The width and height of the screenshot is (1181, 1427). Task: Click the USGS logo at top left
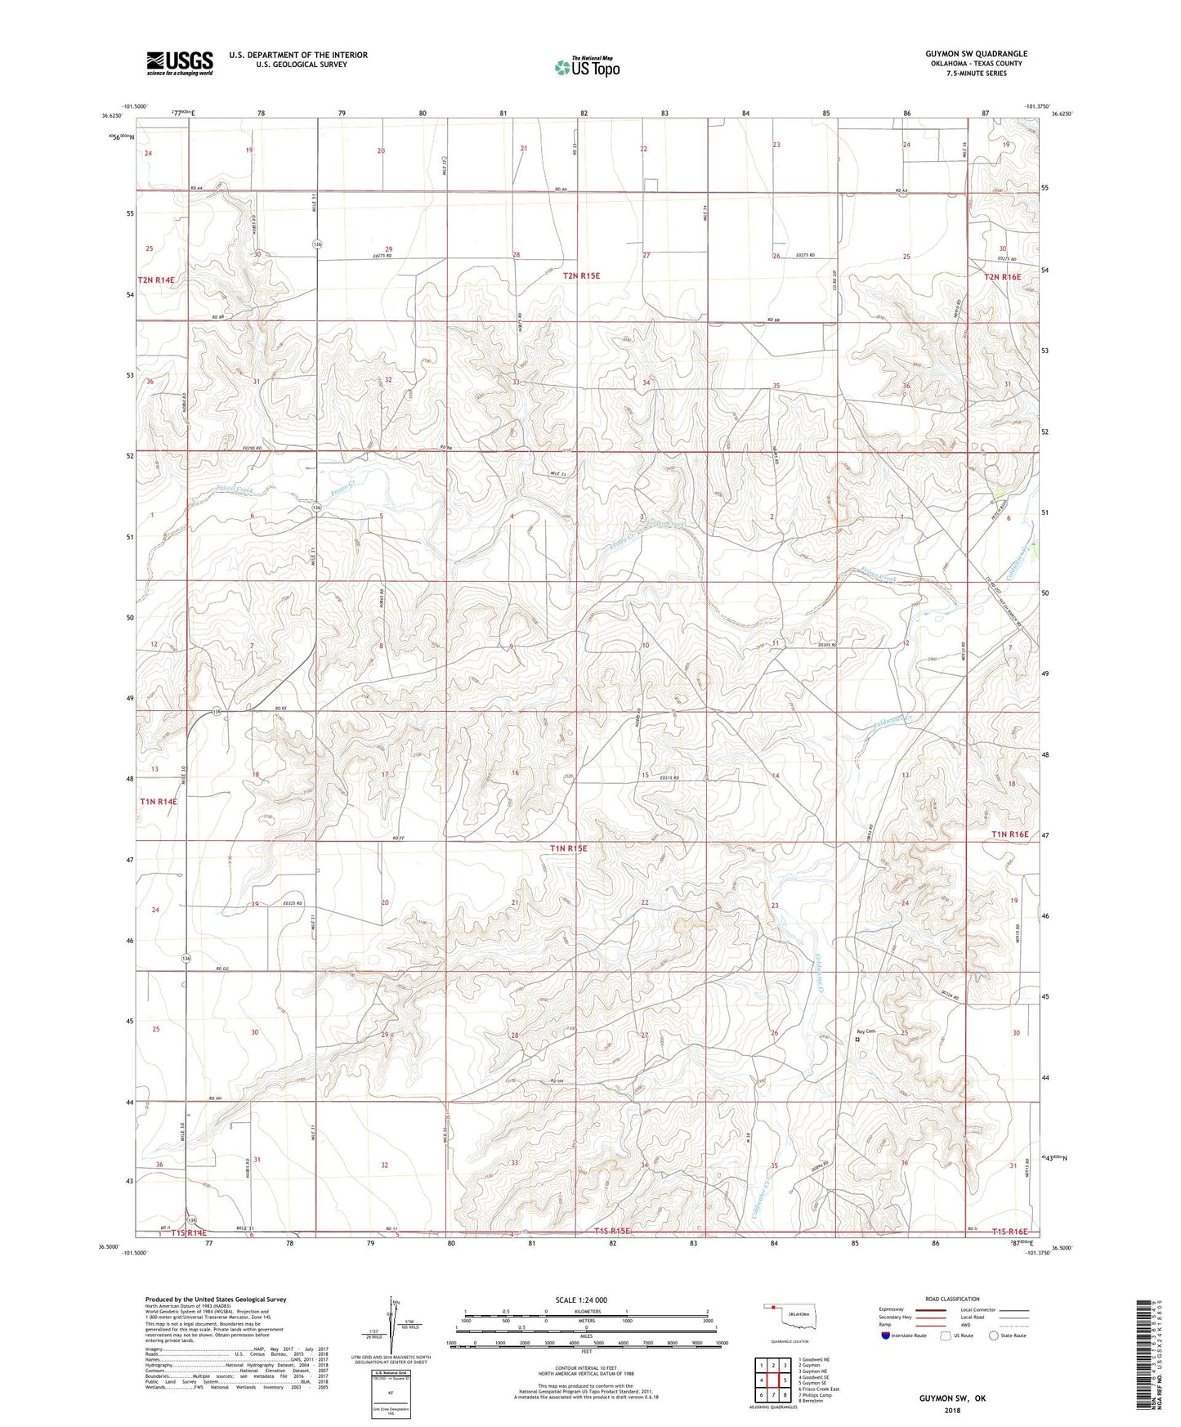coord(180,63)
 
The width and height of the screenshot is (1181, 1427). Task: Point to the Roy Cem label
coord(866,1031)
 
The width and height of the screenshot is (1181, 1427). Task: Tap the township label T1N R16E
coord(1009,834)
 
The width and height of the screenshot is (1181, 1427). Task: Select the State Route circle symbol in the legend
coord(994,1335)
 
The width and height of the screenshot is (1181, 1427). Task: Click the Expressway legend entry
coord(892,1308)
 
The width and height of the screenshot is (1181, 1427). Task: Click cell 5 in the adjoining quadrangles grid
coord(772,1380)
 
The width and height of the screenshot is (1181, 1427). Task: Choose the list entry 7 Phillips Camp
coord(818,1394)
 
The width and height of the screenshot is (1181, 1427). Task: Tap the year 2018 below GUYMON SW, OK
coord(951,1410)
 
